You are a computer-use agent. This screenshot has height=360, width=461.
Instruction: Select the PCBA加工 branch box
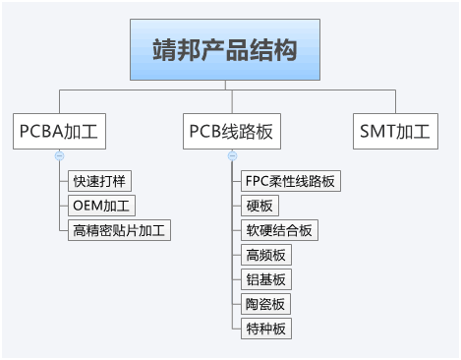[61, 131]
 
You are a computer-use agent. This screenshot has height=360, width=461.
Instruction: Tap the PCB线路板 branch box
[232, 131]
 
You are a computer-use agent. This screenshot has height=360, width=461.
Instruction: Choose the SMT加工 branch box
[396, 131]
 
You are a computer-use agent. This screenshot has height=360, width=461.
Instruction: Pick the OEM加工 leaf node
[102, 206]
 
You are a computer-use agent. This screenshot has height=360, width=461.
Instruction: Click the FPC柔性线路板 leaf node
[290, 181]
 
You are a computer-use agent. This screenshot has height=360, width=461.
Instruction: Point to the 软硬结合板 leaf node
[278, 230]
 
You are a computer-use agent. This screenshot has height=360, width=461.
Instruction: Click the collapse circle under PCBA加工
[60, 155]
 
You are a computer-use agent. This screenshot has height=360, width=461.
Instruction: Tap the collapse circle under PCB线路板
[232, 155]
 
